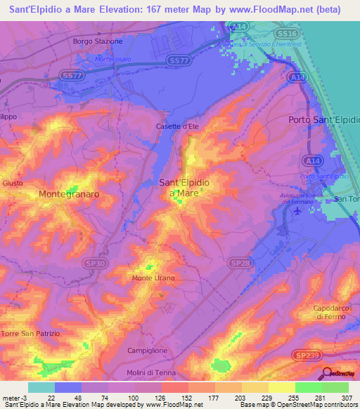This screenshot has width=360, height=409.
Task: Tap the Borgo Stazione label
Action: [98, 41]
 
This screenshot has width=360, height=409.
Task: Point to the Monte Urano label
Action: [153, 278]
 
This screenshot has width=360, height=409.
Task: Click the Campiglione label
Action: [147, 350]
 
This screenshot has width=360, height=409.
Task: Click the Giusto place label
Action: [13, 183]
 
